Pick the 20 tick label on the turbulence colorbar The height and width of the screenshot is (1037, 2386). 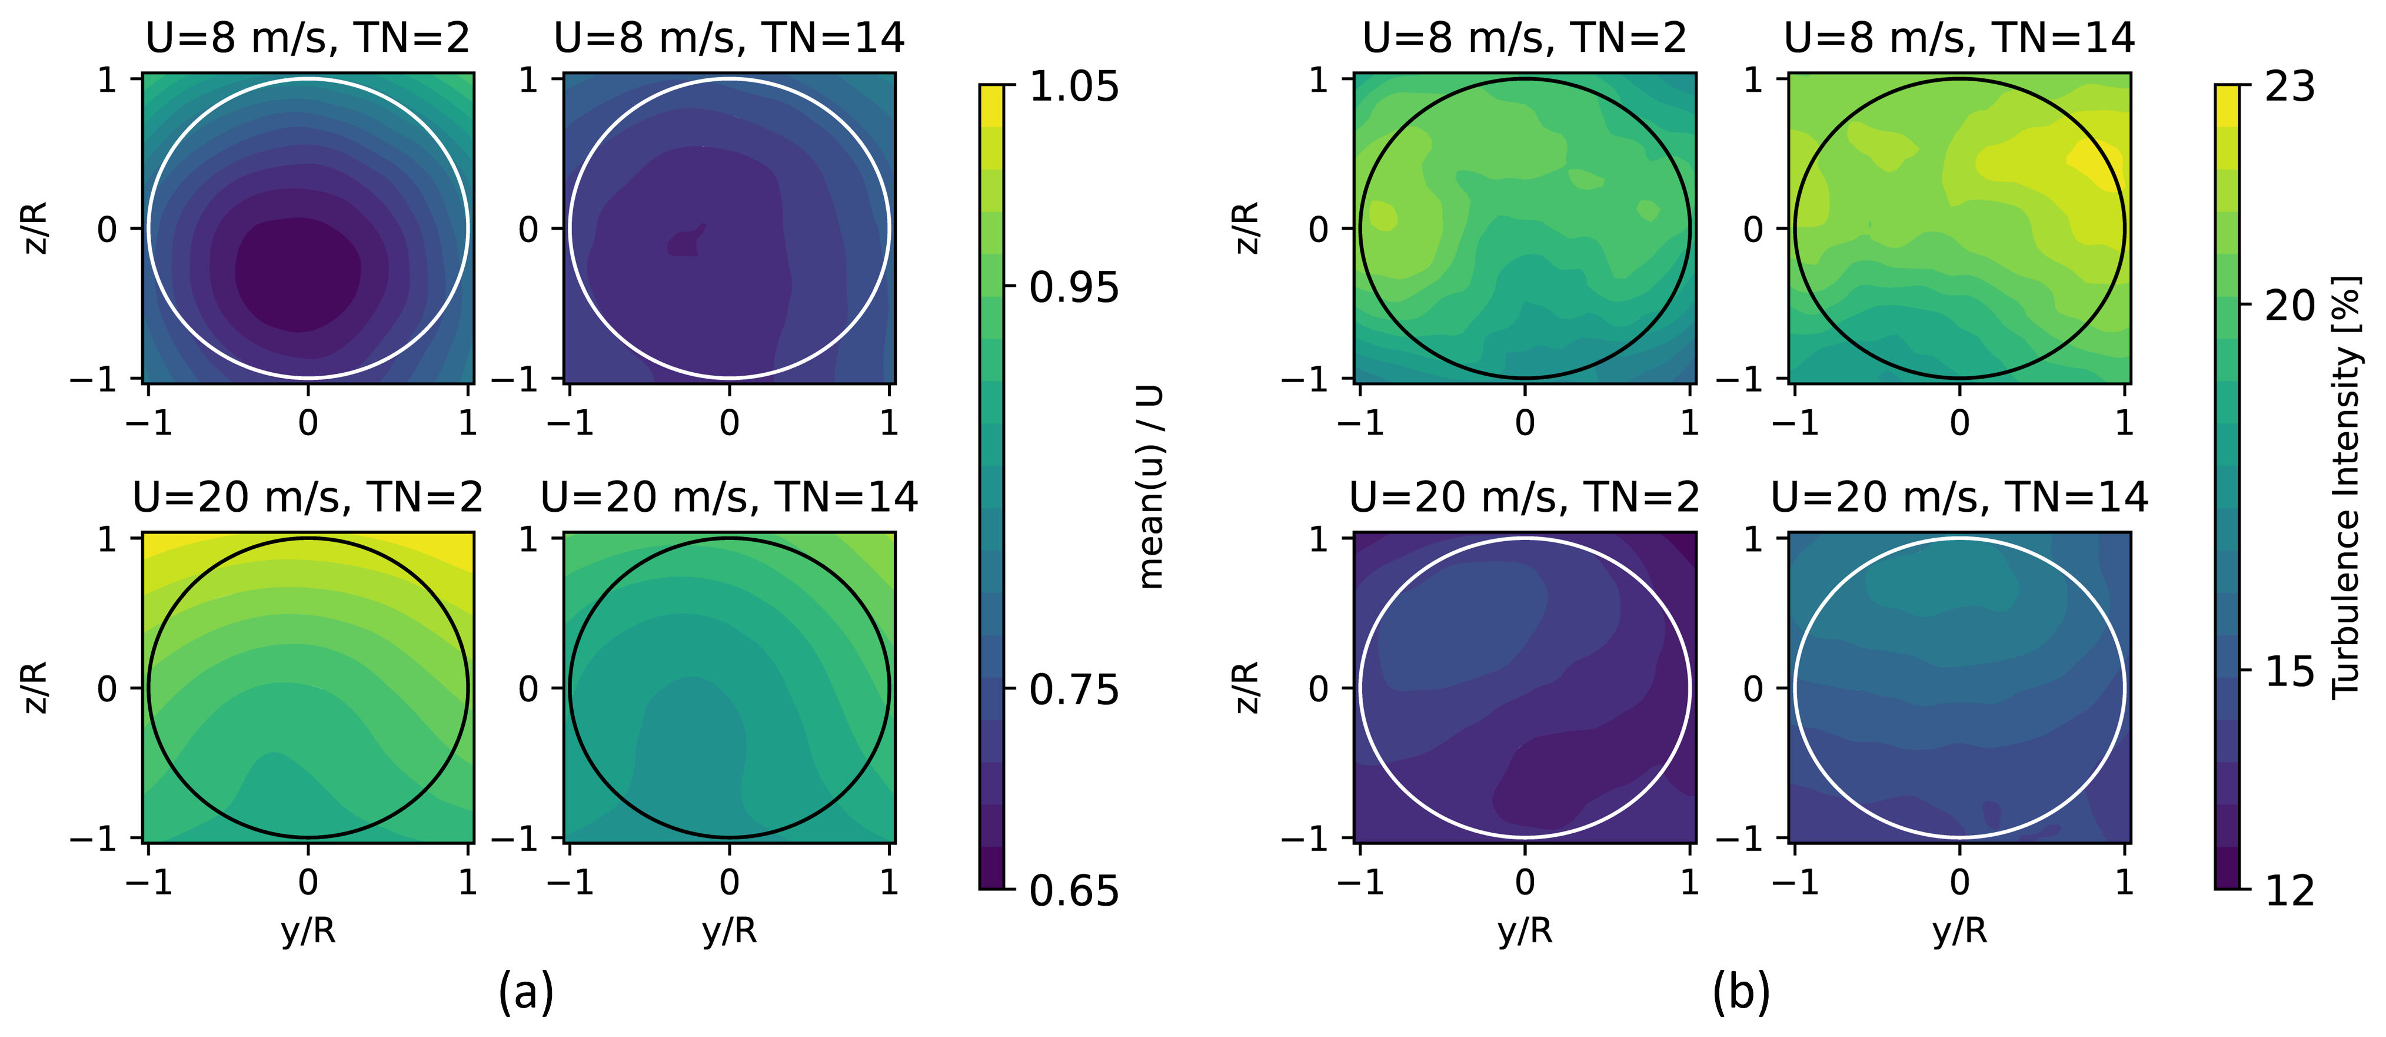2290,305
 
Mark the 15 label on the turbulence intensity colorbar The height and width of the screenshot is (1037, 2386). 2290,671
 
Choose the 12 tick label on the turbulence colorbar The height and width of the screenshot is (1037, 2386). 2290,890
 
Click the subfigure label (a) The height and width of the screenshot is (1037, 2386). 526,992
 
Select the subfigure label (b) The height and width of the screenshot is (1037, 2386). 1741,992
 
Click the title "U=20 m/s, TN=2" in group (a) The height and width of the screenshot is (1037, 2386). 308,498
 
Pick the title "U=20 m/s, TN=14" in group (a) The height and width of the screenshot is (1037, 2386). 729,498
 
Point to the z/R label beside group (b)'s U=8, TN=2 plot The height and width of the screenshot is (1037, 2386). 1247,228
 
